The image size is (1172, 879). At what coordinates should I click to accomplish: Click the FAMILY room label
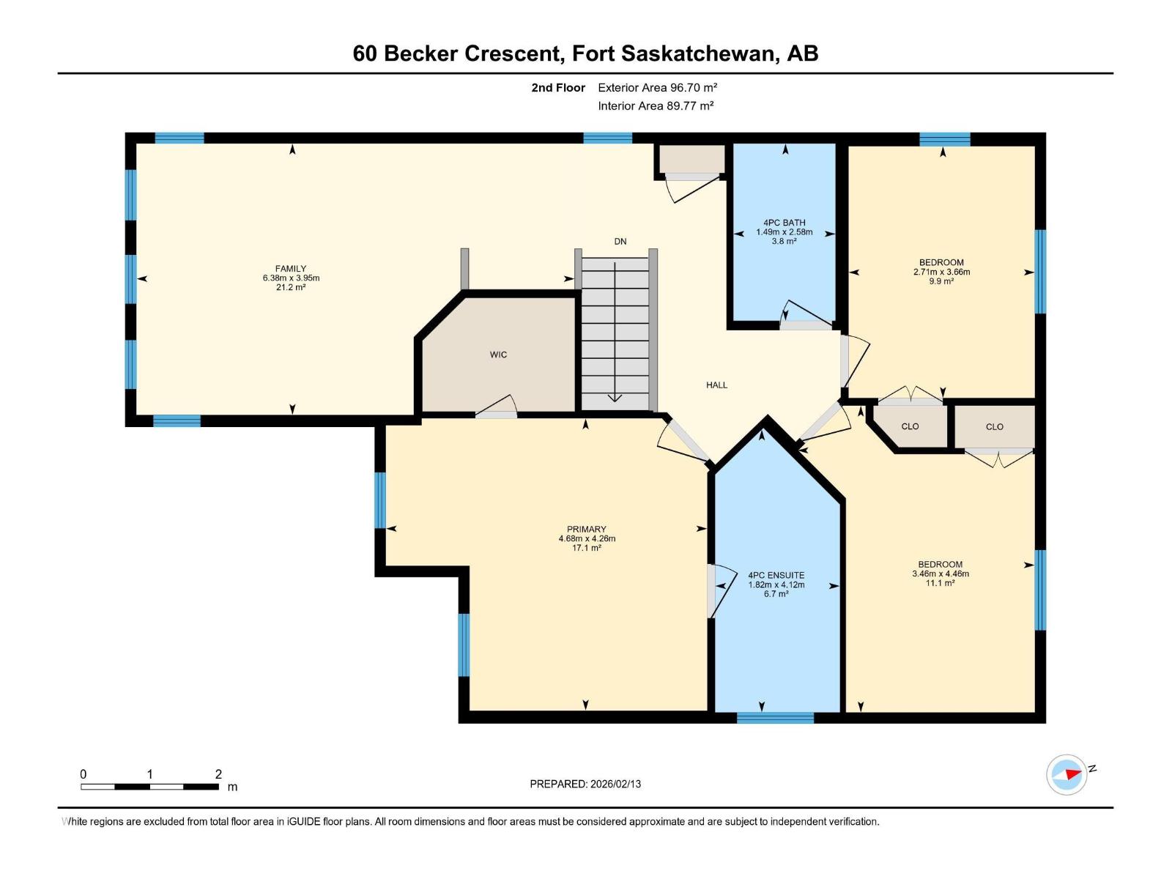[x=291, y=269]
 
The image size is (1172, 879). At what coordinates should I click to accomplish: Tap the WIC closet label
[x=498, y=355]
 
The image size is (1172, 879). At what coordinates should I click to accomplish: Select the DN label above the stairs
[x=620, y=242]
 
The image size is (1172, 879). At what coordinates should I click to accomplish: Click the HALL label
[x=716, y=385]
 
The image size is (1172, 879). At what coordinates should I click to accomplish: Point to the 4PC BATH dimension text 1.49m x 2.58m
[x=784, y=232]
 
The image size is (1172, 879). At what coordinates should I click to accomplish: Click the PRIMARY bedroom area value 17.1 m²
[x=586, y=548]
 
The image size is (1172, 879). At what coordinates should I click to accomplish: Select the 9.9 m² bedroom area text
[x=941, y=281]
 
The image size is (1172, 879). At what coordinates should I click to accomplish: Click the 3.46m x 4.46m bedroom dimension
[x=940, y=574]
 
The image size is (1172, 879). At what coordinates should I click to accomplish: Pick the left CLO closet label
[x=910, y=426]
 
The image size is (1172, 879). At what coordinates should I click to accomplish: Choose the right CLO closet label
[x=994, y=427]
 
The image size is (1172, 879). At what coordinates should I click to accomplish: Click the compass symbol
[x=1067, y=774]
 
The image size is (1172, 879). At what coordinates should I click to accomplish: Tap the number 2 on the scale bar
[x=218, y=774]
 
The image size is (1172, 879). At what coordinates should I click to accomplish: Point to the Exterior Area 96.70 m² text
[x=657, y=87]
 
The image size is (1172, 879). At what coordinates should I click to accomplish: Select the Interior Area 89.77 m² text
[x=656, y=105]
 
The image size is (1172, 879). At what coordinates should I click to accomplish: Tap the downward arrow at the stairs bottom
[x=615, y=397]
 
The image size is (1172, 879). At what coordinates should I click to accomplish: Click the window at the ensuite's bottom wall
[x=775, y=718]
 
